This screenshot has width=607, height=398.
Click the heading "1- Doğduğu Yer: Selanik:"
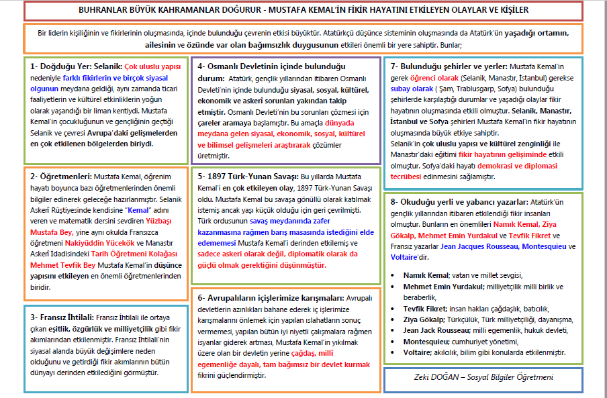tap(75, 66)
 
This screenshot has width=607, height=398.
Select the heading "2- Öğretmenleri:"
tap(60, 177)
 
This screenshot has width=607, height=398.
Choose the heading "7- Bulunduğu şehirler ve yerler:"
tap(449, 66)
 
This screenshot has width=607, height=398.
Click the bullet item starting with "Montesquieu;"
tap(430, 341)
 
